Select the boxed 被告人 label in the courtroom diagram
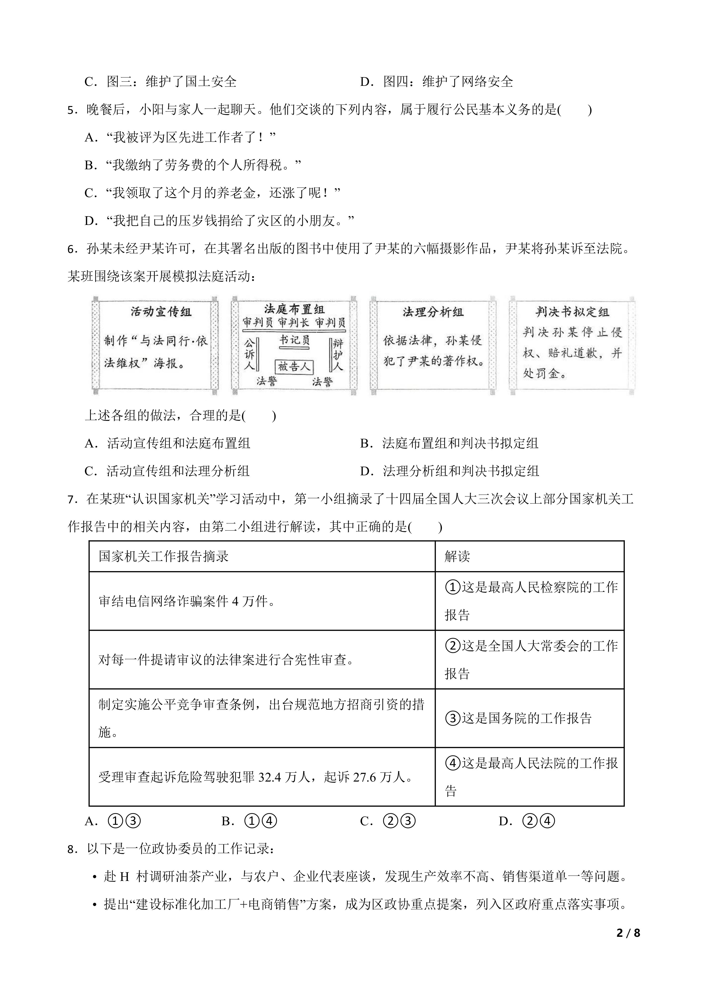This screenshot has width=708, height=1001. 294,367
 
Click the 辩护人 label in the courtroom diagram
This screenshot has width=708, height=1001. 338,355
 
